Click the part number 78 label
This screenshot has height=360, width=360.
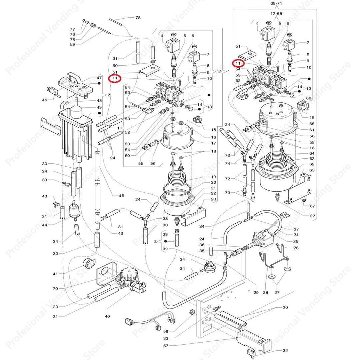pos(138,17)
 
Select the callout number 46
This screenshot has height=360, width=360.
pos(44,100)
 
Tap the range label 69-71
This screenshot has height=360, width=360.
pos(275,4)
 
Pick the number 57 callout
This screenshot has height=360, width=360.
pos(166,346)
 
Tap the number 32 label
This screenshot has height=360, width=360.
pos(285,350)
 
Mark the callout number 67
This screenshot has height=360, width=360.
pos(312,206)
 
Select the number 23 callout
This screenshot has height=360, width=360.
pos(213,199)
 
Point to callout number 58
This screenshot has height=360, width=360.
pos(166,331)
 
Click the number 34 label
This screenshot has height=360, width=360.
pos(182,260)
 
